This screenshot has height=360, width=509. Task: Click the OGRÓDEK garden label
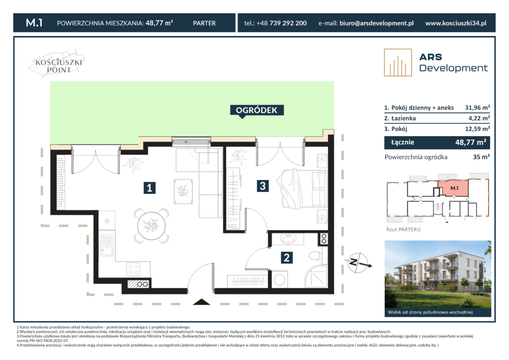pos(256,110)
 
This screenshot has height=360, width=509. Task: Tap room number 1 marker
pos(149,187)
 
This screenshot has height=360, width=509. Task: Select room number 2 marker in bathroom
pos(287,258)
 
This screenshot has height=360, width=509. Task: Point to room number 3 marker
pos(262,185)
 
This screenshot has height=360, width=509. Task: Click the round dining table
pos(151,226)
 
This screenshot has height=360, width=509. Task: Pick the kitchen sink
pos(106,245)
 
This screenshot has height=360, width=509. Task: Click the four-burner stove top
pos(133,270)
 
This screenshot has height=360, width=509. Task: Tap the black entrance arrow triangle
pos(201,302)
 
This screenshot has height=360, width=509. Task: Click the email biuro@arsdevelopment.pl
pos(377,23)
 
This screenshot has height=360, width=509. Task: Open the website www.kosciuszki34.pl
pos(456,23)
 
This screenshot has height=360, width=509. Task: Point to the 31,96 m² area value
pos(477,107)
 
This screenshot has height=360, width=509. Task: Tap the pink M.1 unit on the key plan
pos(453,188)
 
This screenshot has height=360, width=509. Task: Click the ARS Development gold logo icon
pos(398,63)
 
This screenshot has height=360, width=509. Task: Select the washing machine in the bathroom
pos(279,280)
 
